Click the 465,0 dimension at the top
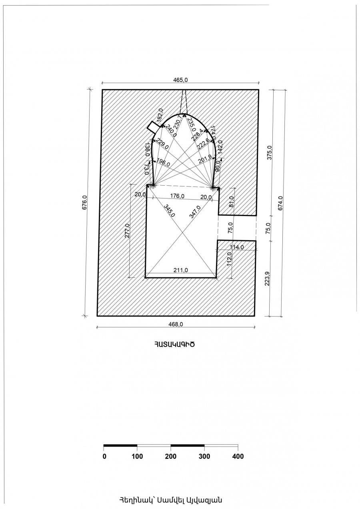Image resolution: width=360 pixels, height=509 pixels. click(180, 80)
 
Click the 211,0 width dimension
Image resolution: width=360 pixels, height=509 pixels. click(181, 271)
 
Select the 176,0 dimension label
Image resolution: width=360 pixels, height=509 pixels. click(177, 196)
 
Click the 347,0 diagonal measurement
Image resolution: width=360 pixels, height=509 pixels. click(194, 210)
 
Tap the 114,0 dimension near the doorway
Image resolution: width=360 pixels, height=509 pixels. click(236, 247)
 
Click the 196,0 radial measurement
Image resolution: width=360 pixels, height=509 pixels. click(163, 163)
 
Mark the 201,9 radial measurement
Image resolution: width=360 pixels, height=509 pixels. click(205, 161)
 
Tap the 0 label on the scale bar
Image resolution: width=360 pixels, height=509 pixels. click(104, 457)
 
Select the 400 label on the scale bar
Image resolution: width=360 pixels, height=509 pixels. click(238, 457)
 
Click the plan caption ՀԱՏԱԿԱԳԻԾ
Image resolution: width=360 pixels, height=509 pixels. click(176, 344)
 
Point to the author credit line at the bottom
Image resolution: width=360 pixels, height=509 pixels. click(170, 500)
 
